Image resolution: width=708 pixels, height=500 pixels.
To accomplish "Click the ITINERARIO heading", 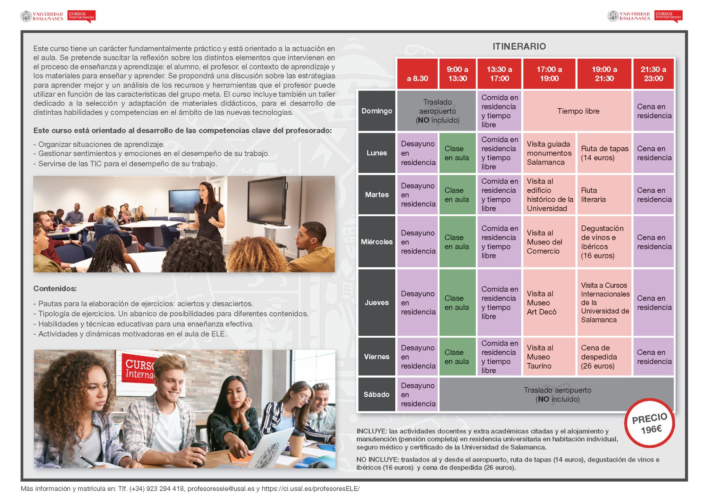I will [519, 46].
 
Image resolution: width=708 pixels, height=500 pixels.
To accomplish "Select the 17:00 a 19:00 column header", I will [549, 74].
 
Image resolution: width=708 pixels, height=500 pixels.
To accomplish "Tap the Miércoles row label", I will [377, 242].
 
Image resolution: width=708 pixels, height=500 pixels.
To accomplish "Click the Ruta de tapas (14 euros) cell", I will [604, 153].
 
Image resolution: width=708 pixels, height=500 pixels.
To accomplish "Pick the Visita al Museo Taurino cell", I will [549, 357].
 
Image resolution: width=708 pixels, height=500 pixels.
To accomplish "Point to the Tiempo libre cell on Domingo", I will [578, 111].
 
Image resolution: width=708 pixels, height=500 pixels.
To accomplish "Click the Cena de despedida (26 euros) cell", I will [604, 357].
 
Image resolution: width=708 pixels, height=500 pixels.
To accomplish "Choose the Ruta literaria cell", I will [604, 195].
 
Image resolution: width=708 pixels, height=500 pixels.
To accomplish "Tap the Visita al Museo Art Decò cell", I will [549, 303].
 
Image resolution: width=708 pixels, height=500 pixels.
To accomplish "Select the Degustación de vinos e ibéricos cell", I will [604, 242].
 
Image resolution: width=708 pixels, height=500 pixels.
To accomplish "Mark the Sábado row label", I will [377, 395].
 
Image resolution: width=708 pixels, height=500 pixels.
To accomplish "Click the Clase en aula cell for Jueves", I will [457, 303].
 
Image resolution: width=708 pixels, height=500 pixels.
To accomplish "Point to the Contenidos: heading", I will [55, 288].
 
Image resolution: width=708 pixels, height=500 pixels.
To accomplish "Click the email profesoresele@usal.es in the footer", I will [221, 489].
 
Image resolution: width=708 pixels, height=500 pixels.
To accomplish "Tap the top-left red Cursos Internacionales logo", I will [81, 16].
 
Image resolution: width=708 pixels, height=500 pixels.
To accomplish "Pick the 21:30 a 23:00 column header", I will [653, 74].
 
